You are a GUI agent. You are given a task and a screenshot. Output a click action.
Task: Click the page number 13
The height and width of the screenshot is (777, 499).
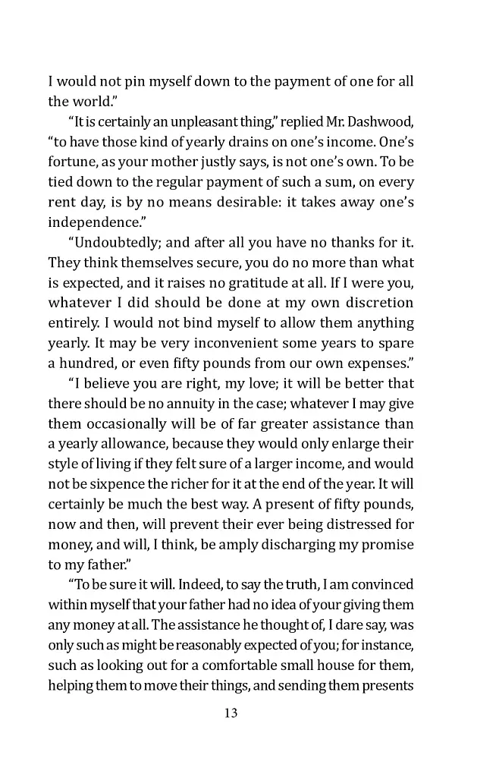click(x=231, y=713)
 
